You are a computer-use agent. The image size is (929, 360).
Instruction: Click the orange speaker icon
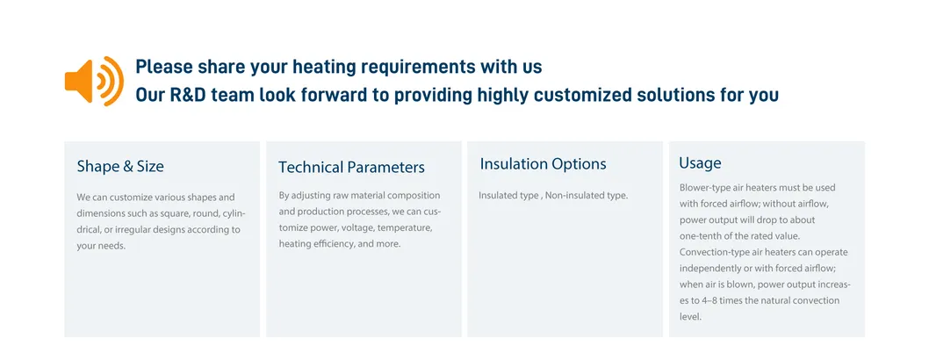coord(93,81)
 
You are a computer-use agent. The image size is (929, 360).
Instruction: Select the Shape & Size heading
coord(120,167)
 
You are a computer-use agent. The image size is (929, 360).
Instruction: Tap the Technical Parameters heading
coord(351,168)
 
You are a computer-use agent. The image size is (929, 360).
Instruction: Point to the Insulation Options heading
coord(543,164)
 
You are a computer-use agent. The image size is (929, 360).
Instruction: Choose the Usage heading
coord(700,163)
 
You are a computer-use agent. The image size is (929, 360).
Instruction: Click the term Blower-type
coord(707,188)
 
